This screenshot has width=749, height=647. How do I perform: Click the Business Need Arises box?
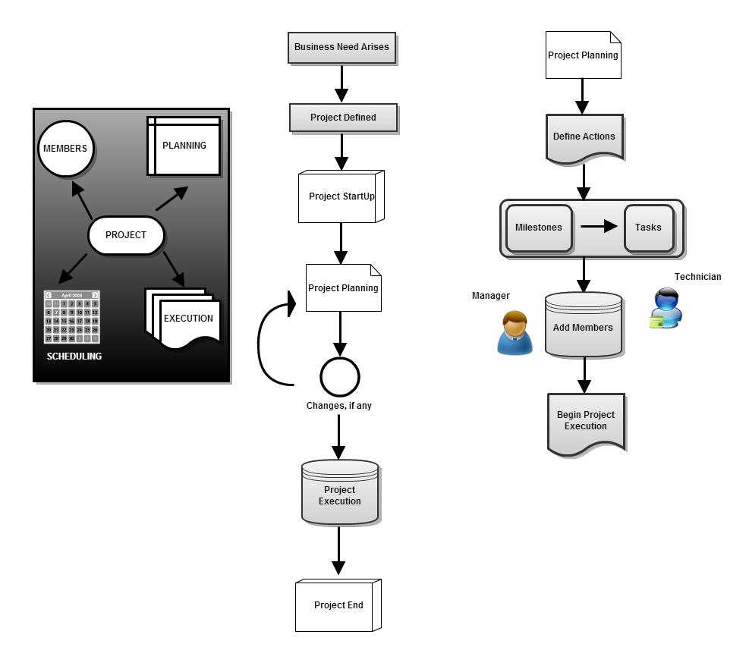click(x=341, y=47)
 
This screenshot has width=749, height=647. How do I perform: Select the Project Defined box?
click(x=343, y=118)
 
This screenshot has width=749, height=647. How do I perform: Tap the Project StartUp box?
click(x=341, y=196)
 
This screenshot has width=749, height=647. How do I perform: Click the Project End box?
click(x=338, y=605)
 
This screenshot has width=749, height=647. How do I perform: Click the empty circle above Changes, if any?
click(x=339, y=377)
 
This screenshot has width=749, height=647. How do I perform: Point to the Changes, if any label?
click(x=339, y=406)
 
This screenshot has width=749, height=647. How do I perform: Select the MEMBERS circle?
click(x=66, y=149)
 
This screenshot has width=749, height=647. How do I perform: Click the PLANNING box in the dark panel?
click(x=184, y=146)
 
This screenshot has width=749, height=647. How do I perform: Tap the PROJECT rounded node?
click(x=126, y=235)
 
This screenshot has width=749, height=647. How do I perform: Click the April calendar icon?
click(x=72, y=317)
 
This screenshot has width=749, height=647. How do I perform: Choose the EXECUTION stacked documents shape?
click(x=184, y=319)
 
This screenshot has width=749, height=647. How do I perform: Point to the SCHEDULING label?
click(x=74, y=356)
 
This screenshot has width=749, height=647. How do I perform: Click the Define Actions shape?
click(x=584, y=137)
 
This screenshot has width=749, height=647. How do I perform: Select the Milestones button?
click(x=539, y=228)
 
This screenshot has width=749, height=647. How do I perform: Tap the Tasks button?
click(x=648, y=228)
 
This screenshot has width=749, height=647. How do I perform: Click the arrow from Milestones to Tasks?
click(x=599, y=227)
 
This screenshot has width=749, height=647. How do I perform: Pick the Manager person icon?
click(x=515, y=333)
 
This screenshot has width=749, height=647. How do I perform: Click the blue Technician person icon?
click(x=667, y=308)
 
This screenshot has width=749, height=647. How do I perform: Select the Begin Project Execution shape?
click(x=586, y=422)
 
